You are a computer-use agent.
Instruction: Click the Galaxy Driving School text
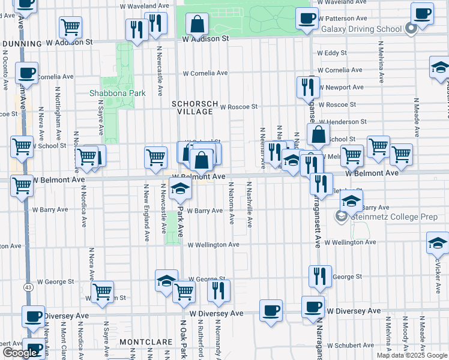pyautogui.click(x=361, y=29)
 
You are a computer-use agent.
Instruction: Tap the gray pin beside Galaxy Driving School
pyautogui.click(x=411, y=28)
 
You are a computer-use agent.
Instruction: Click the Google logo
pyautogui.click(x=19, y=353)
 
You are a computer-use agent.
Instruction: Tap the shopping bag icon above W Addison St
pyautogui.click(x=197, y=25)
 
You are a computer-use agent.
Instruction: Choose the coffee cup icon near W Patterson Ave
pyautogui.click(x=307, y=18)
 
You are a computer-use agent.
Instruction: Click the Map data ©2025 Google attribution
pyautogui.click(x=412, y=355)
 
